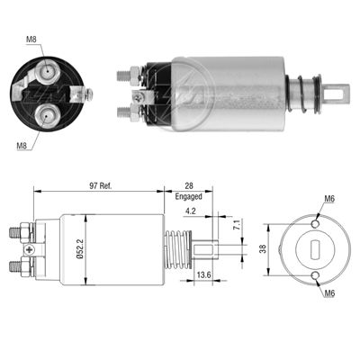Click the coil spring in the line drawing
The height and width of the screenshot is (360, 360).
[179, 249]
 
